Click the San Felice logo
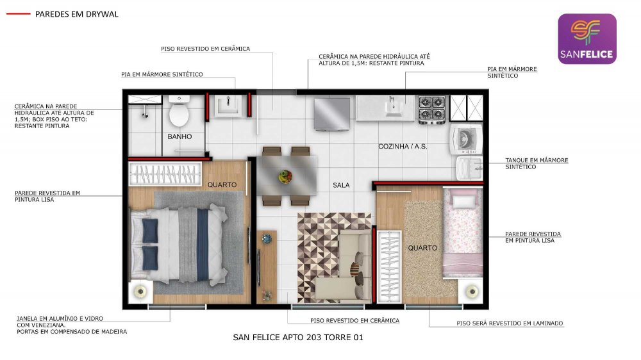pos(587,39)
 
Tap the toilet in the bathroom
pos(179,111)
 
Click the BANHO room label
pos(179,136)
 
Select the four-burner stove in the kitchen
pos(431,110)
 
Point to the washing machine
pos(466,140)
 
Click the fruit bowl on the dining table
pos(286,177)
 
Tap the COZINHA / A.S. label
pos(403,146)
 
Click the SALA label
pos(341,185)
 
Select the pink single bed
pos(463,233)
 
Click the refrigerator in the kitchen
pos(332,114)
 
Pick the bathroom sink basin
pos(228,106)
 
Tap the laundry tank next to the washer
pos(470,168)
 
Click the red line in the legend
pos(19,14)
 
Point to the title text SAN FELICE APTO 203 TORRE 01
pos(298,338)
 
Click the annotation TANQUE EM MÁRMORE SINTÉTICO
pos(537,163)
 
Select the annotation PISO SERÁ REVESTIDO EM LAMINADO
pos(510,323)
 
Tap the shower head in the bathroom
pos(145,115)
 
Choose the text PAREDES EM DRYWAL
pos(76,14)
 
